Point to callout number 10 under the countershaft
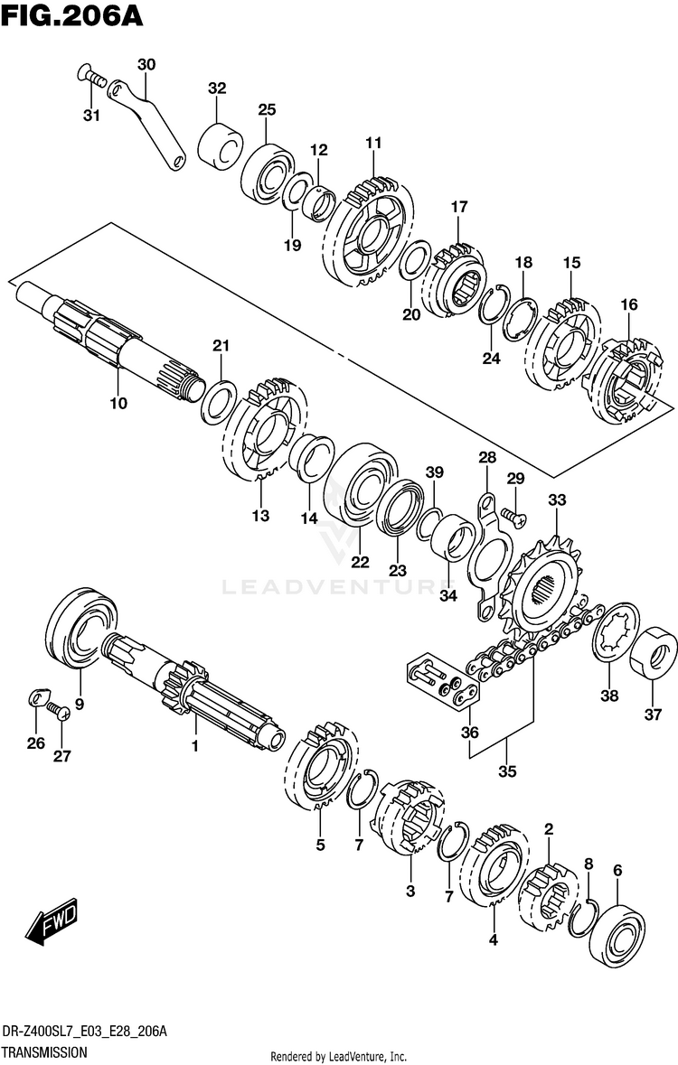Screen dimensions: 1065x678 pos(118,403)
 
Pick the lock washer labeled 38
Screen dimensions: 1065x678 pos(616,643)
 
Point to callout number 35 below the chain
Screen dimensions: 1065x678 pos(506,771)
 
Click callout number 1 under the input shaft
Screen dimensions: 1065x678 pos(193,746)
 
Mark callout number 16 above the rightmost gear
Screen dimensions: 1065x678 pos(628,305)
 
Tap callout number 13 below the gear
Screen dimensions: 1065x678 pos(260,516)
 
